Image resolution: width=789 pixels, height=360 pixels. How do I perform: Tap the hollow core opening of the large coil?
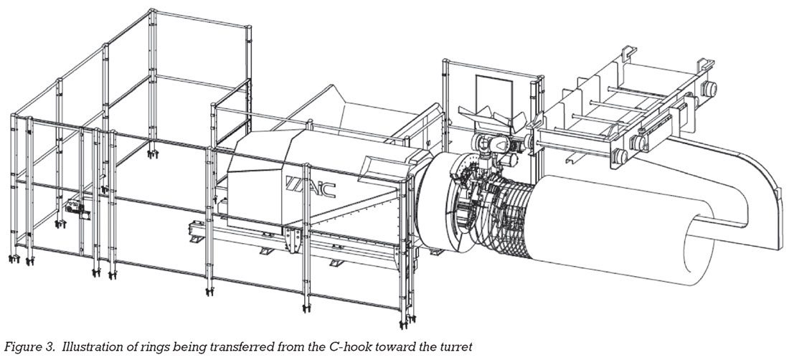(699, 252)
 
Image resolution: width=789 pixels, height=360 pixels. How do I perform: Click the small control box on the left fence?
(77, 208)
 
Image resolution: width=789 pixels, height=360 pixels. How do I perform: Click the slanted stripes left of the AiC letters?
(293, 183)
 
